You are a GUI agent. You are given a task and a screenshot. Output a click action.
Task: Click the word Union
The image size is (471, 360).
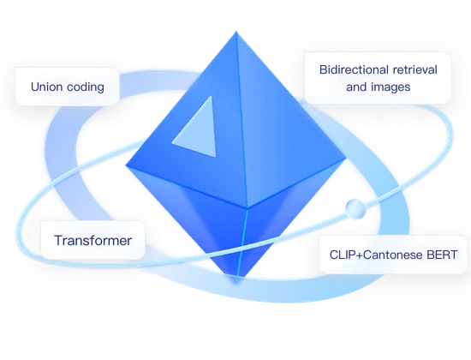(47, 87)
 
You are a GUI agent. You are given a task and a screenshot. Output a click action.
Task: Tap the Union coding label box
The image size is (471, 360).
(67, 87)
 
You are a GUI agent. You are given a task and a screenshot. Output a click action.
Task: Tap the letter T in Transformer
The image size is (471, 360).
(58, 242)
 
